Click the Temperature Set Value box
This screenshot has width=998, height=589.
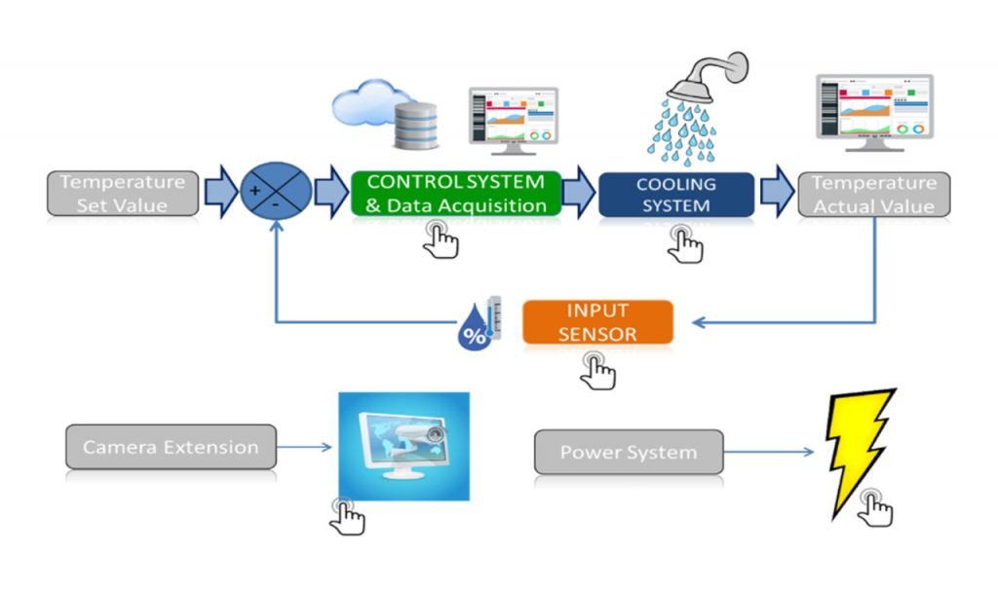coord(122,193)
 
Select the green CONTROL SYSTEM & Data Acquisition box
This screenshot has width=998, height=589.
coord(455,193)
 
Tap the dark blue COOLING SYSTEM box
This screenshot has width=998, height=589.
coord(675,194)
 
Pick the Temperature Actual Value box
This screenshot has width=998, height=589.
coord(873,194)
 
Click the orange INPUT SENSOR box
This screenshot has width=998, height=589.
coord(597,322)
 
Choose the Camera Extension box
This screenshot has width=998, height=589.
coord(171,447)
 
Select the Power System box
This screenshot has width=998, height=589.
coord(629,453)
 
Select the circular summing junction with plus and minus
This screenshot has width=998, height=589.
coord(276,190)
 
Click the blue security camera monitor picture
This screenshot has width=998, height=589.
coord(403,446)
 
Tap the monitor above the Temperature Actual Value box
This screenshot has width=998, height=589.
coord(873,110)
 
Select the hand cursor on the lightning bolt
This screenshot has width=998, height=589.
coord(876,507)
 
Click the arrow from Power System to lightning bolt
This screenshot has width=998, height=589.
coord(769,453)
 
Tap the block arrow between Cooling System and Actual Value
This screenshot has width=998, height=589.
coord(777,192)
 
